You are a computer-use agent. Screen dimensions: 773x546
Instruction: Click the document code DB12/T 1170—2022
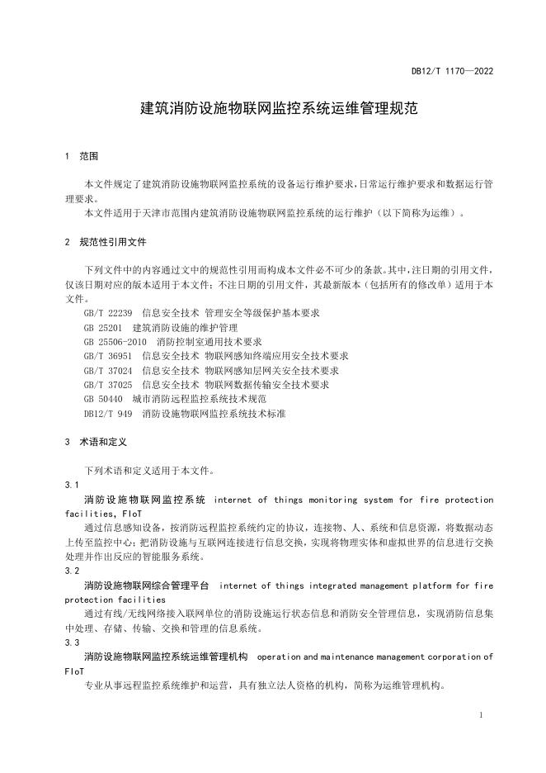[452, 72]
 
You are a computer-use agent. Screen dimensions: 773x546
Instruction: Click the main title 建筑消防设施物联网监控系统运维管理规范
[272, 108]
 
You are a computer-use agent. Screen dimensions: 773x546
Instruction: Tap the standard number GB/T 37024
[107, 370]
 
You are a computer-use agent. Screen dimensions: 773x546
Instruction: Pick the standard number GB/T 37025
[107, 384]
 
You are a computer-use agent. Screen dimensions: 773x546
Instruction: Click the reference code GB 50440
[101, 398]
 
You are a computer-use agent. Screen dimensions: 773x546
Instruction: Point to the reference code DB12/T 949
[107, 412]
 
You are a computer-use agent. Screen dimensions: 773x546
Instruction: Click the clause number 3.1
[72, 486]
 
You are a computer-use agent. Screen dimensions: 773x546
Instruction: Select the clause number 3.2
[72, 571]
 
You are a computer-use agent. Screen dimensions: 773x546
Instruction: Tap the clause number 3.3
[72, 642]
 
